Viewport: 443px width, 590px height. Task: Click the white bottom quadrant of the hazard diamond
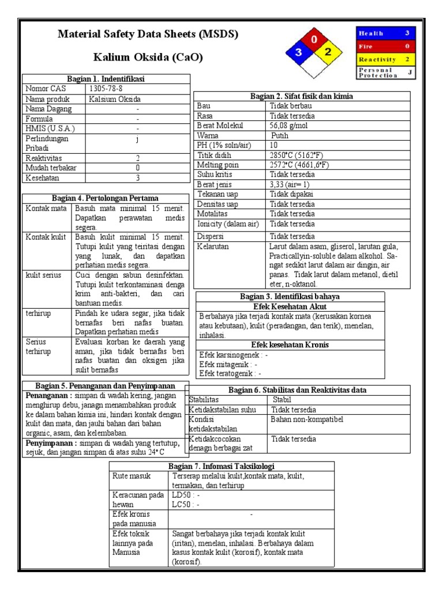[314, 68]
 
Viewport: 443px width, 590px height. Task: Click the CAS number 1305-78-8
[106, 89]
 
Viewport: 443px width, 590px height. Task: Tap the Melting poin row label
[217, 165]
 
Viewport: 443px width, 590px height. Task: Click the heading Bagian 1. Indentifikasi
[106, 78]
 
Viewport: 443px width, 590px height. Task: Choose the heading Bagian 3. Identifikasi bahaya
[290, 296]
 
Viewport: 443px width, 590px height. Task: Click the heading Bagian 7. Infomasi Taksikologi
[221, 466]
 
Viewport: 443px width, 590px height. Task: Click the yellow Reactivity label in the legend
[377, 59]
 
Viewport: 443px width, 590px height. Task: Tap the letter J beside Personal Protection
[410, 72]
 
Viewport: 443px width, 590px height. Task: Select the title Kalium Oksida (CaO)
[148, 58]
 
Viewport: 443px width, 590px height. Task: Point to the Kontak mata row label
[46, 208]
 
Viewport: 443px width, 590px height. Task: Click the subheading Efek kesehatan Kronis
[290, 345]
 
